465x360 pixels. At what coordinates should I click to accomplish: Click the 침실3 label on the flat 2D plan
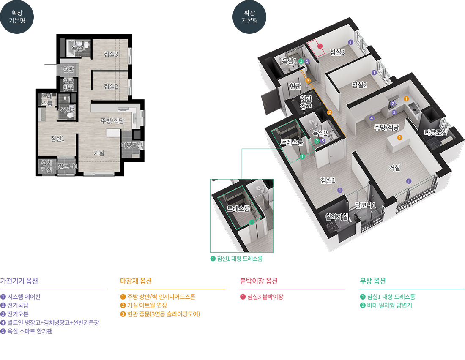point(111,54)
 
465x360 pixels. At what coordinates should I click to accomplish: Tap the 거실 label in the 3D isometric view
point(394,168)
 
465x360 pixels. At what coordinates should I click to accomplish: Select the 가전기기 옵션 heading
point(19,281)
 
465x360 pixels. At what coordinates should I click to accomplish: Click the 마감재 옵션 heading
point(136,281)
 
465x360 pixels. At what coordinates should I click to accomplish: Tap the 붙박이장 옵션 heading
point(259,281)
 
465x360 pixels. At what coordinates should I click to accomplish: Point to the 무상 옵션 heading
point(372,281)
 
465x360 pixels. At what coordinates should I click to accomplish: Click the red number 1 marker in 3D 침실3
point(320,46)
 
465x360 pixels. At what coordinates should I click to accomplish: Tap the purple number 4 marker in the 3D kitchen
point(372,118)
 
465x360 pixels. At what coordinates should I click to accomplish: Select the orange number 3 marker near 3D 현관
point(308,80)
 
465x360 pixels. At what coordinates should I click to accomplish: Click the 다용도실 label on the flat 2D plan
point(131,145)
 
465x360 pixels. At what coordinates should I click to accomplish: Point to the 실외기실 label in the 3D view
point(336,217)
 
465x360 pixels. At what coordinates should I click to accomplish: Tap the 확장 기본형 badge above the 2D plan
point(17,17)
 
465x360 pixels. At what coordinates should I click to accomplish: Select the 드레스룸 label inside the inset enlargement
point(238,208)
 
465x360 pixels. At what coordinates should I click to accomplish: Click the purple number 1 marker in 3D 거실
point(409,181)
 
